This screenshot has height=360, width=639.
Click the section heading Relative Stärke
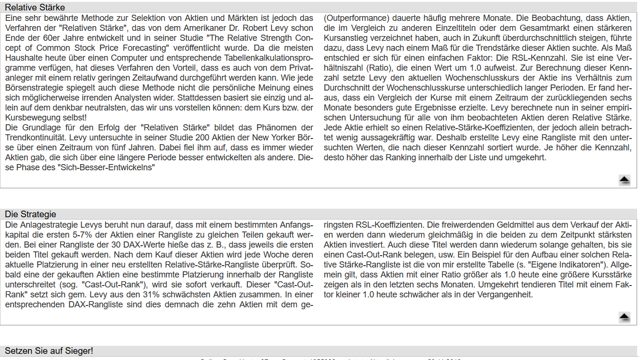[x=35, y=8]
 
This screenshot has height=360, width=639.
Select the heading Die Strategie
[x=30, y=214]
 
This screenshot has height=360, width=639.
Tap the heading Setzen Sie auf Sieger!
[x=49, y=351]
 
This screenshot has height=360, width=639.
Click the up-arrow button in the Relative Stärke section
[x=624, y=179]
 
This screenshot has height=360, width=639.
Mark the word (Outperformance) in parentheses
[x=356, y=18]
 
